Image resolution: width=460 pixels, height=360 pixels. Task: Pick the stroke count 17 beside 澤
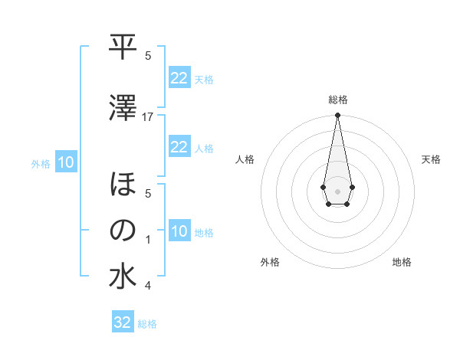pyautogui.click(x=148, y=117)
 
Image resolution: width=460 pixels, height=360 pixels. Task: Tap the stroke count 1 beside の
pyautogui.click(x=148, y=240)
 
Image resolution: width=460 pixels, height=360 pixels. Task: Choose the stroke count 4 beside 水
pyautogui.click(x=148, y=286)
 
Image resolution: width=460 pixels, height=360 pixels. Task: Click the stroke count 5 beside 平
pyautogui.click(x=148, y=56)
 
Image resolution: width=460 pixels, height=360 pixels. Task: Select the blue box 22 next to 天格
pyautogui.click(x=179, y=77)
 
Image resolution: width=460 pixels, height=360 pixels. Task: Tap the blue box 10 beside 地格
pyautogui.click(x=179, y=231)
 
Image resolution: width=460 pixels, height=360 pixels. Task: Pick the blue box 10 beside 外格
pyautogui.click(x=65, y=162)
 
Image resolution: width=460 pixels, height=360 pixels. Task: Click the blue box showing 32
pyautogui.click(x=123, y=322)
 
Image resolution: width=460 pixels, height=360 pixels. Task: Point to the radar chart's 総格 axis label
pyautogui.click(x=338, y=100)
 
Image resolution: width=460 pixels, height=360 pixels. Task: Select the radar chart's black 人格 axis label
pyautogui.click(x=245, y=159)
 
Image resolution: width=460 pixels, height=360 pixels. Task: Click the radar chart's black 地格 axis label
pyautogui.click(x=402, y=262)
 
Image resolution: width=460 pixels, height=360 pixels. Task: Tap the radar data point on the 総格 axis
pyautogui.click(x=337, y=116)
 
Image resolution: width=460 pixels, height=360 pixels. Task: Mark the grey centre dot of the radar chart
pyautogui.click(x=337, y=190)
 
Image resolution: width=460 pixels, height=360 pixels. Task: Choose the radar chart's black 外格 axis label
pyautogui.click(x=270, y=262)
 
